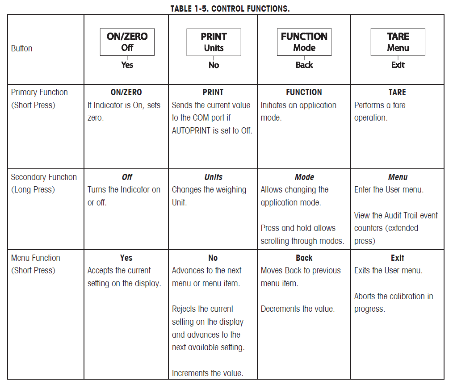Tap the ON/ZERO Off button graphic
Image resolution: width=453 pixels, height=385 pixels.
click(127, 42)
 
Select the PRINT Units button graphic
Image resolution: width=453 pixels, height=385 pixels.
click(214, 42)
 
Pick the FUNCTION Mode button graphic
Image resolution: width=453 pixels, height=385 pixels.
click(304, 42)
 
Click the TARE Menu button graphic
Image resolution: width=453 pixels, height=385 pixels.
click(398, 42)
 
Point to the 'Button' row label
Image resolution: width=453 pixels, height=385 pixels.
click(22, 48)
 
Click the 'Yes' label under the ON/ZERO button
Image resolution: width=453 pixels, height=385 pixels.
click(127, 65)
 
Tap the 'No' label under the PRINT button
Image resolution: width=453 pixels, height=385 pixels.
click(214, 65)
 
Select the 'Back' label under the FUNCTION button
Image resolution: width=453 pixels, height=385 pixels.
click(304, 65)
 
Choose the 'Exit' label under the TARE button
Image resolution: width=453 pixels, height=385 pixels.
click(398, 65)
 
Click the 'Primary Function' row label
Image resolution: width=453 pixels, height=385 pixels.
click(39, 92)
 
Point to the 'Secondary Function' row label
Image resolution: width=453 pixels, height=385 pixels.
click(44, 177)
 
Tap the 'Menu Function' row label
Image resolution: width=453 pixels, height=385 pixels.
click(35, 258)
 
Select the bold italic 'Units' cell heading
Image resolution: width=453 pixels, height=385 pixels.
click(213, 177)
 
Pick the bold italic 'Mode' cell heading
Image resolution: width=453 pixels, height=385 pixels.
click(304, 177)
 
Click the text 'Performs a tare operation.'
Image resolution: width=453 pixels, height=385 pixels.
click(379, 112)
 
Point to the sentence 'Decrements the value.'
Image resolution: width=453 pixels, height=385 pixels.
click(297, 309)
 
